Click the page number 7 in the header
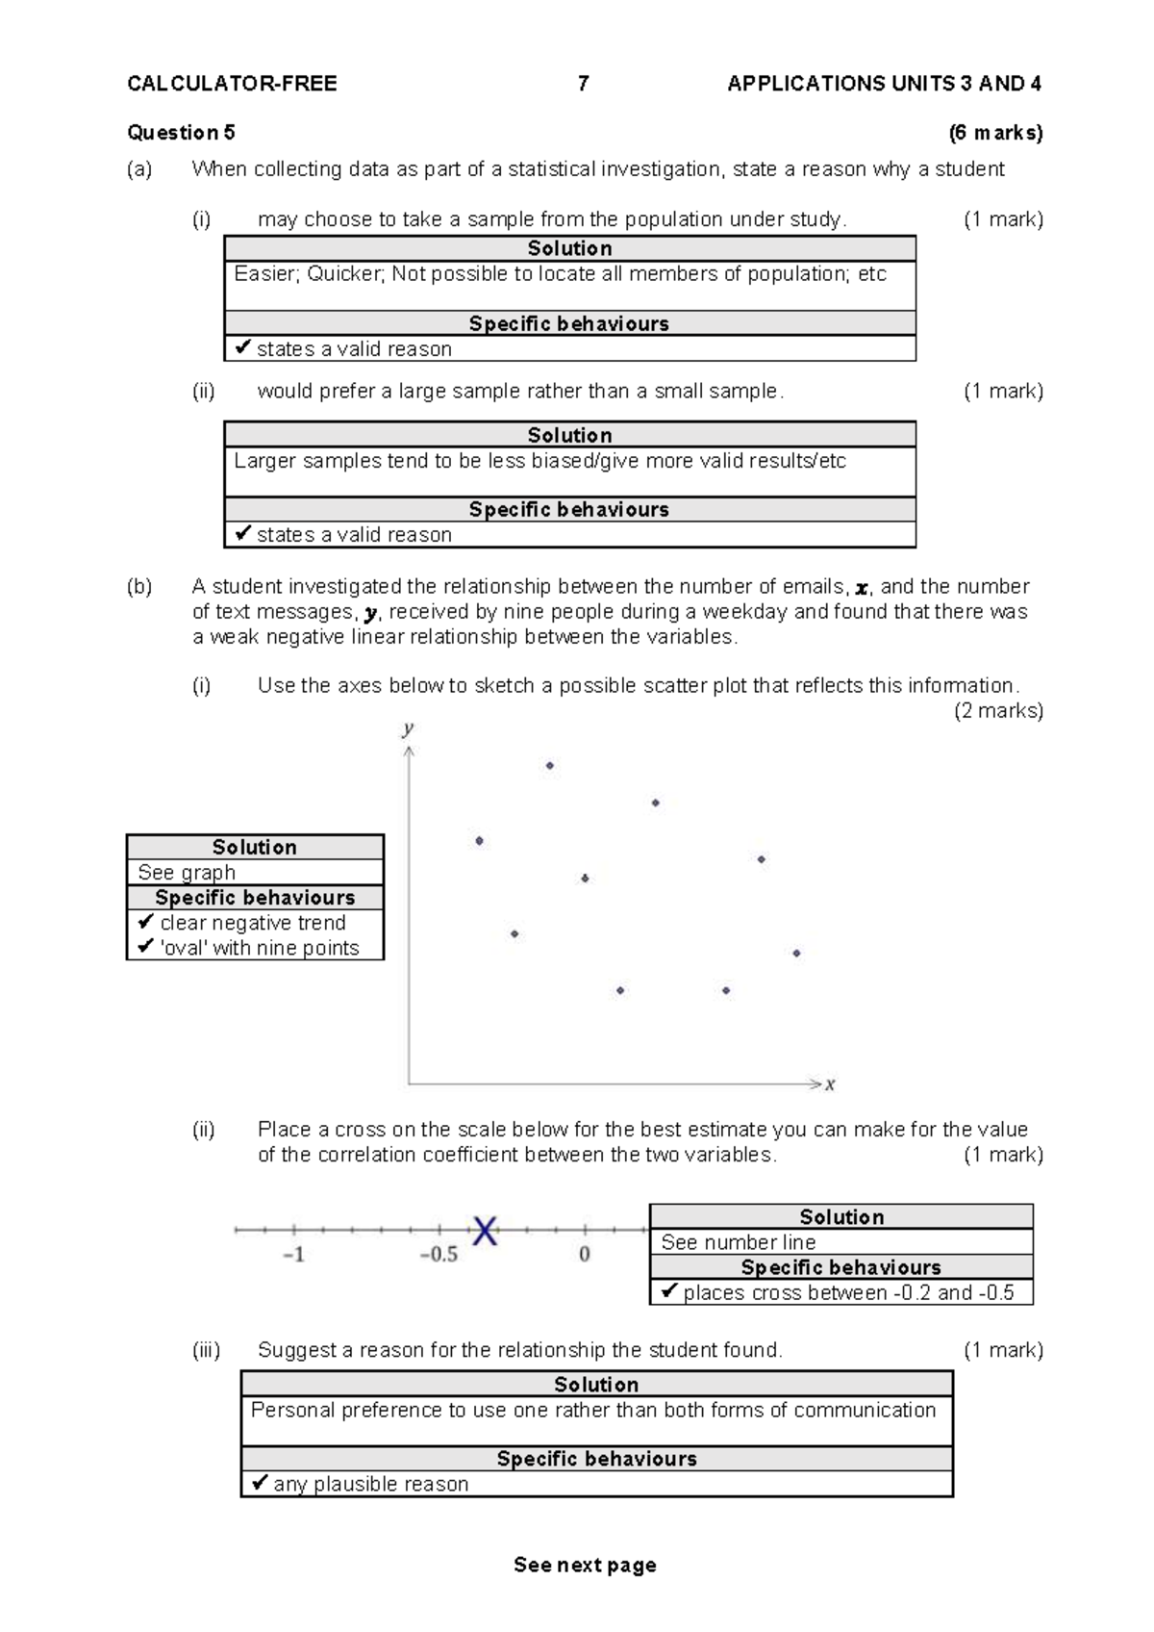point(583,84)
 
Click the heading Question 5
point(181,133)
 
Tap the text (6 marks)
point(995,133)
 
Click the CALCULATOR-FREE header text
point(232,84)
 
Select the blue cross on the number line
point(485,1230)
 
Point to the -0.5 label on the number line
point(439,1255)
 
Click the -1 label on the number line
point(293,1255)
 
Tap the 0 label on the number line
point(584,1255)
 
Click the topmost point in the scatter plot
point(549,766)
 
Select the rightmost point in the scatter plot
point(796,954)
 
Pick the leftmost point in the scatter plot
point(479,841)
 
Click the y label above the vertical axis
point(408,728)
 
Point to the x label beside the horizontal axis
point(830,1084)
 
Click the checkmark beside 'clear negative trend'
point(146,922)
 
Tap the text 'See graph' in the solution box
point(187,873)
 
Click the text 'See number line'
point(738,1242)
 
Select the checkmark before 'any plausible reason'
point(260,1483)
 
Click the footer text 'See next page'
point(585,1565)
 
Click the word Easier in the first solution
point(265,274)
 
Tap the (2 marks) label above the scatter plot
point(998,711)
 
